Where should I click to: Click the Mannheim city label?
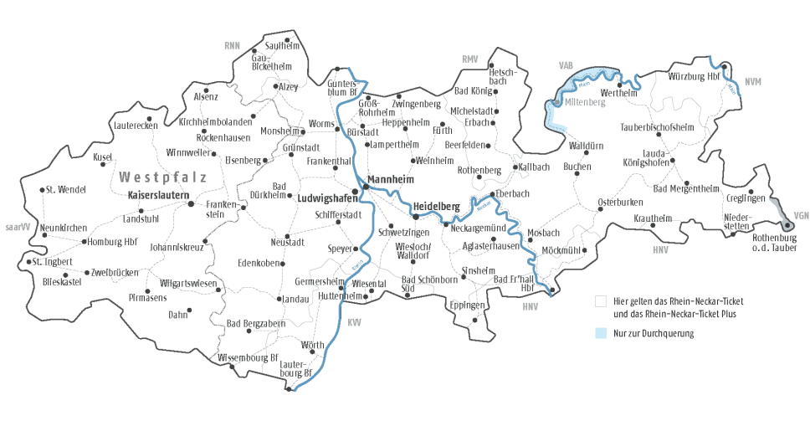396,178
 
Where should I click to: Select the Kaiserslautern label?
156,195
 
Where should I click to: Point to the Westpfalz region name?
162,177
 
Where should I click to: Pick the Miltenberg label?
584,101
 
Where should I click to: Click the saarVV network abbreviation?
18,227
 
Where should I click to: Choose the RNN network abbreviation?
232,44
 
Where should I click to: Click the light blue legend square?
600,333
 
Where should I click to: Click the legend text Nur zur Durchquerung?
654,333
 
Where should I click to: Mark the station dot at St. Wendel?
42,189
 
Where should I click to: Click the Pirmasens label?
148,297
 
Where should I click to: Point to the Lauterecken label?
134,126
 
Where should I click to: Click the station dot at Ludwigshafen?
355,192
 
